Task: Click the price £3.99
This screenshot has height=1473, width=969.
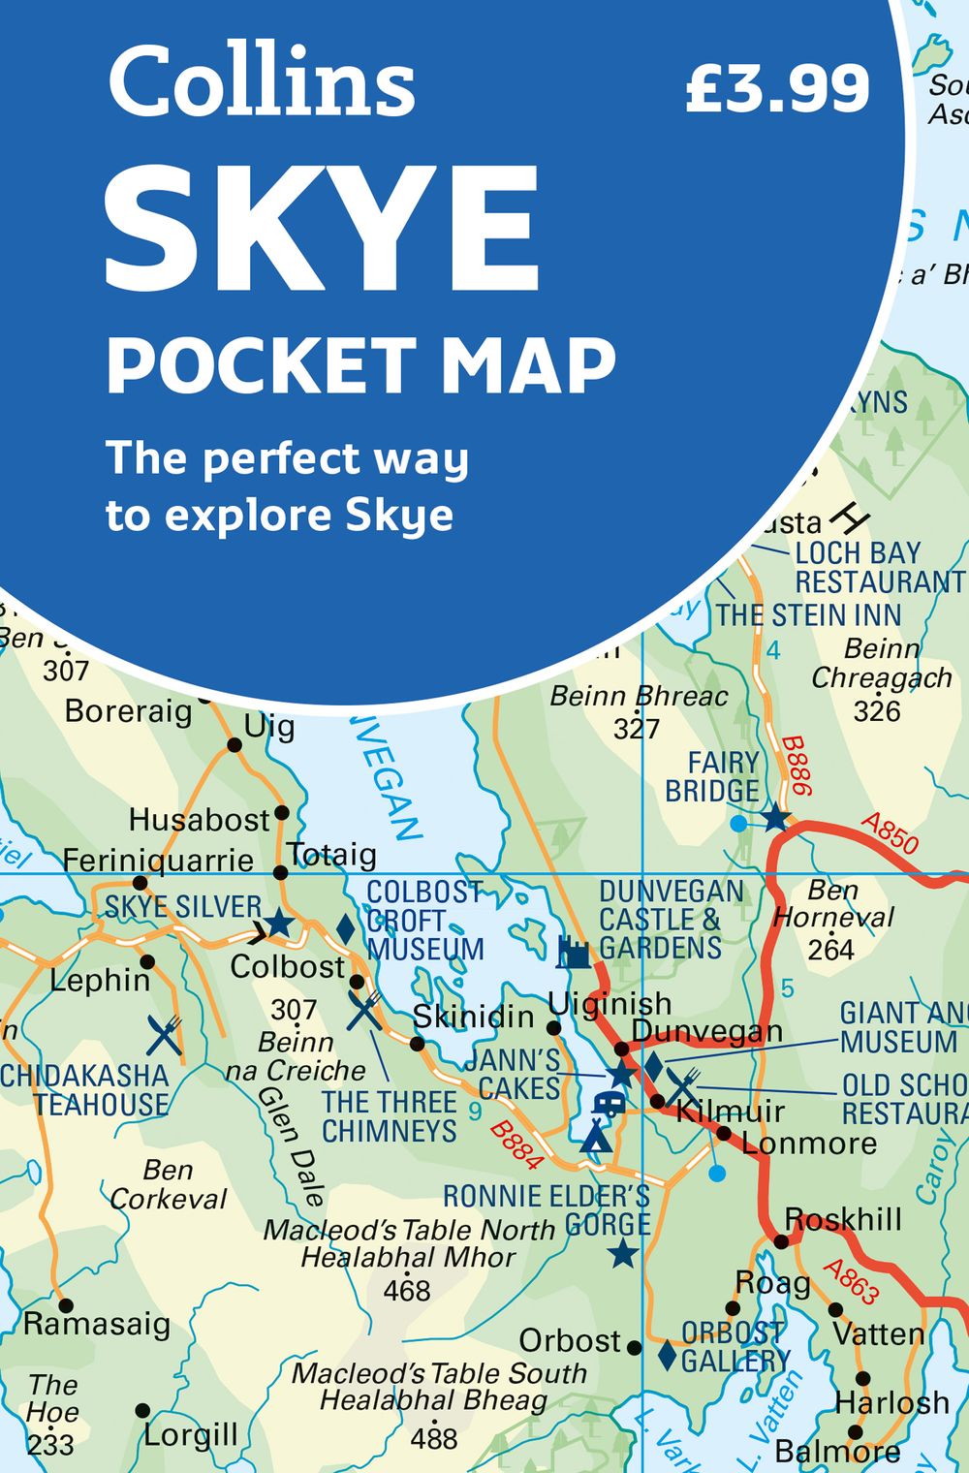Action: pyautogui.click(x=777, y=89)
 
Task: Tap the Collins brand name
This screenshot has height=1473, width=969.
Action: pyautogui.click(x=262, y=82)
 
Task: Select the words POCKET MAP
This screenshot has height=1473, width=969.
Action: pyautogui.click(x=360, y=365)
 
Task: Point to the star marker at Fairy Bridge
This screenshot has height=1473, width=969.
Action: pyautogui.click(x=774, y=819)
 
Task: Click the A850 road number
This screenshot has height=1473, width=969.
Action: pyautogui.click(x=890, y=834)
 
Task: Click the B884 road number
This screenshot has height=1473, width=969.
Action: pyautogui.click(x=516, y=1142)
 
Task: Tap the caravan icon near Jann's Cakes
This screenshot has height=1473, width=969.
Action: pyautogui.click(x=609, y=1103)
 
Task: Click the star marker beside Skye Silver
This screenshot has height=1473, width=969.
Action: pyautogui.click(x=279, y=923)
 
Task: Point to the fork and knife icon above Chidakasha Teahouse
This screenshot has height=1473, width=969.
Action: pyautogui.click(x=165, y=1035)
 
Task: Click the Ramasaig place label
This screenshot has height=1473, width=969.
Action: pyautogui.click(x=97, y=1324)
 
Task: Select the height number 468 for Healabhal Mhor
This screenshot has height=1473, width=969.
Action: pyautogui.click(x=406, y=1291)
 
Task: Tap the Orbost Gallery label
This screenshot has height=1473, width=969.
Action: pyautogui.click(x=735, y=1347)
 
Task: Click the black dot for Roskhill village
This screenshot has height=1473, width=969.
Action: pyautogui.click(x=781, y=1241)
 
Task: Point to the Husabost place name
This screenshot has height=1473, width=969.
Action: pyautogui.click(x=199, y=820)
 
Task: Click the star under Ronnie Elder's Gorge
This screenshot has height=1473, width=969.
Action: pyautogui.click(x=622, y=1255)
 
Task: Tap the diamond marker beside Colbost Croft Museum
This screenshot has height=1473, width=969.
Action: pyautogui.click(x=345, y=928)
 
